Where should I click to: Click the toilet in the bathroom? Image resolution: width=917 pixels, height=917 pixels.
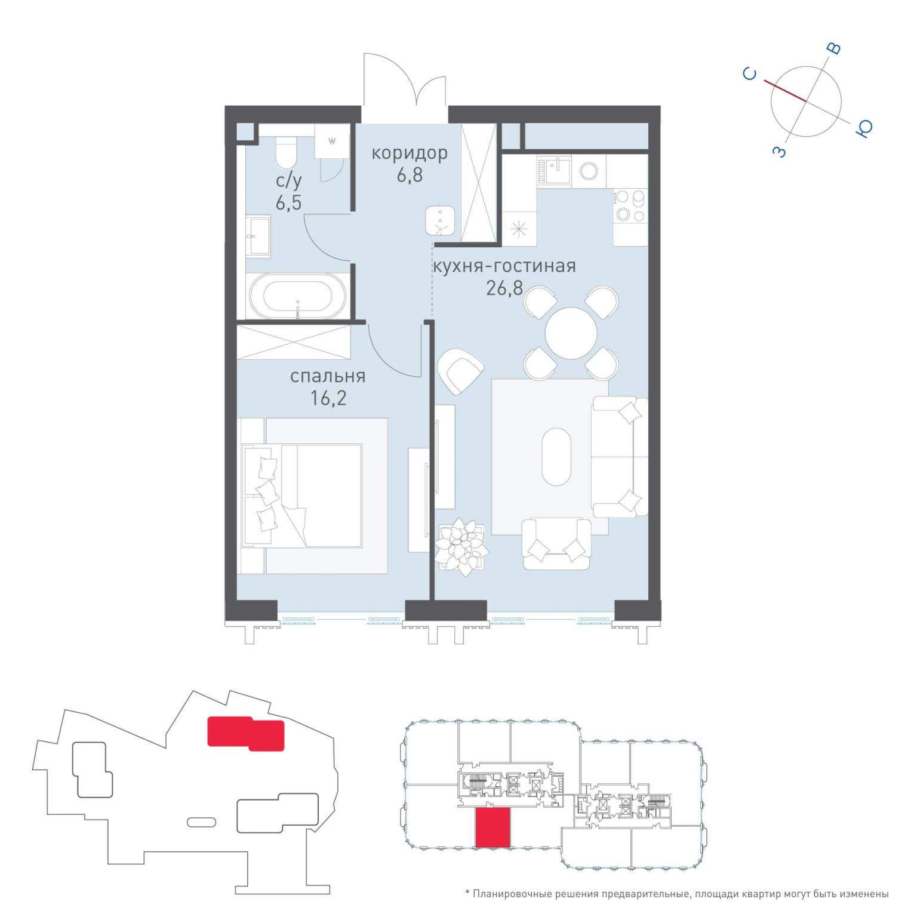click(x=286, y=152)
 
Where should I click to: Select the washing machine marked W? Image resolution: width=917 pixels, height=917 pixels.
click(x=331, y=141)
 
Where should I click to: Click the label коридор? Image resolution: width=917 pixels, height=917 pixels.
click(x=410, y=153)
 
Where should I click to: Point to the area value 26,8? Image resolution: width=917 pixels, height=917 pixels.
click(x=504, y=288)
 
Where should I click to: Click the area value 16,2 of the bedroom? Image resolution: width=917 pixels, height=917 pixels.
click(x=328, y=398)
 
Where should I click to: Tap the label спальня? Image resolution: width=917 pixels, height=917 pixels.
click(x=328, y=376)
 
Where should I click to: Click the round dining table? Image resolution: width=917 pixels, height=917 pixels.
click(x=571, y=333)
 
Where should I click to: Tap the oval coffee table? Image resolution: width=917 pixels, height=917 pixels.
click(x=556, y=457)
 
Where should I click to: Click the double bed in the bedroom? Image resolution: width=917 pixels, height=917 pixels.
click(x=301, y=495)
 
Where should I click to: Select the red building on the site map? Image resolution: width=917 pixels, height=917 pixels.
click(x=245, y=733)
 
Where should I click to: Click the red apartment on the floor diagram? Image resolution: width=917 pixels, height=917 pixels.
click(x=493, y=827)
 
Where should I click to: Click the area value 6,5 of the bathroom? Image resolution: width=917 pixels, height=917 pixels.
click(x=288, y=202)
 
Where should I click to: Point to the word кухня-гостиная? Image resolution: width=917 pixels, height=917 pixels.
click(x=504, y=266)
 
